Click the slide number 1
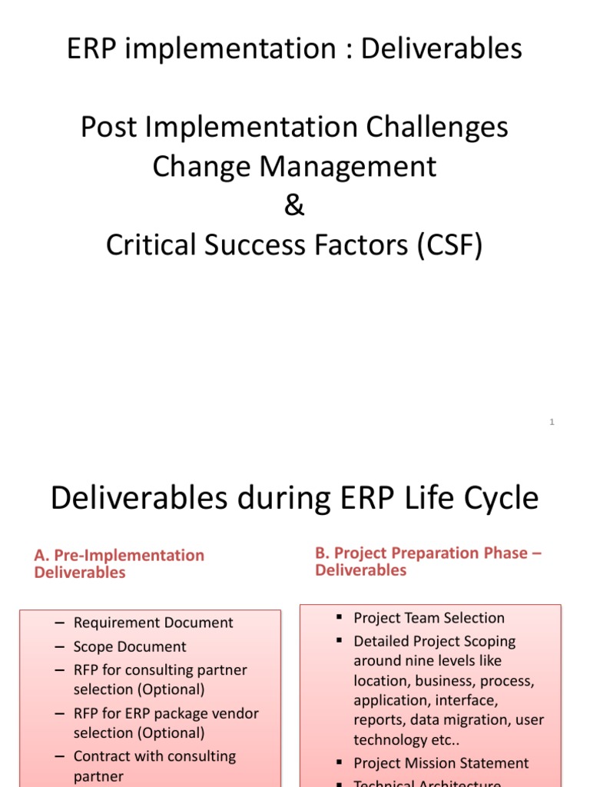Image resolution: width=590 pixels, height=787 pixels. tap(552, 422)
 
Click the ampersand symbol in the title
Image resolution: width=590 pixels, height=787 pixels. tap(294, 206)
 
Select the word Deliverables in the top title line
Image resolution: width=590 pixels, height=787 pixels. tap(442, 48)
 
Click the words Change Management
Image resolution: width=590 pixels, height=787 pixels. tap(294, 166)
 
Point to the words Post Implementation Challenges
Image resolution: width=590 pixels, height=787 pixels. tap(294, 127)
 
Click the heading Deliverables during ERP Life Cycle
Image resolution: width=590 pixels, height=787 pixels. tap(294, 498)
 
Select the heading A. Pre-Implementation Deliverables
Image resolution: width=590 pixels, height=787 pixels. tap(119, 563)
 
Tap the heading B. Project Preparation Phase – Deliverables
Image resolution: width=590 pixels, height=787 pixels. tap(429, 561)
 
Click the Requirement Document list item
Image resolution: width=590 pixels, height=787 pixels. tap(153, 623)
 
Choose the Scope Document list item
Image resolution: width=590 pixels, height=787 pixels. tap(130, 646)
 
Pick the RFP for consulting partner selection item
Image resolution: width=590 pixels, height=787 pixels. tap(160, 679)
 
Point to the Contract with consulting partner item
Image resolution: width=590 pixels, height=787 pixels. tap(154, 765)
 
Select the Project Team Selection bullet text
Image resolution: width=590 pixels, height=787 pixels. tap(429, 618)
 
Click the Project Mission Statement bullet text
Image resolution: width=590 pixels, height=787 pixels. tap(441, 763)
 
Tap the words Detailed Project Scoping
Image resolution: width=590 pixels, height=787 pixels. tap(434, 641)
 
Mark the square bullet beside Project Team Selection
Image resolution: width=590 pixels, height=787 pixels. tap(339, 618)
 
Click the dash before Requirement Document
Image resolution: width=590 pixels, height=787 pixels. tap(60, 623)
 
